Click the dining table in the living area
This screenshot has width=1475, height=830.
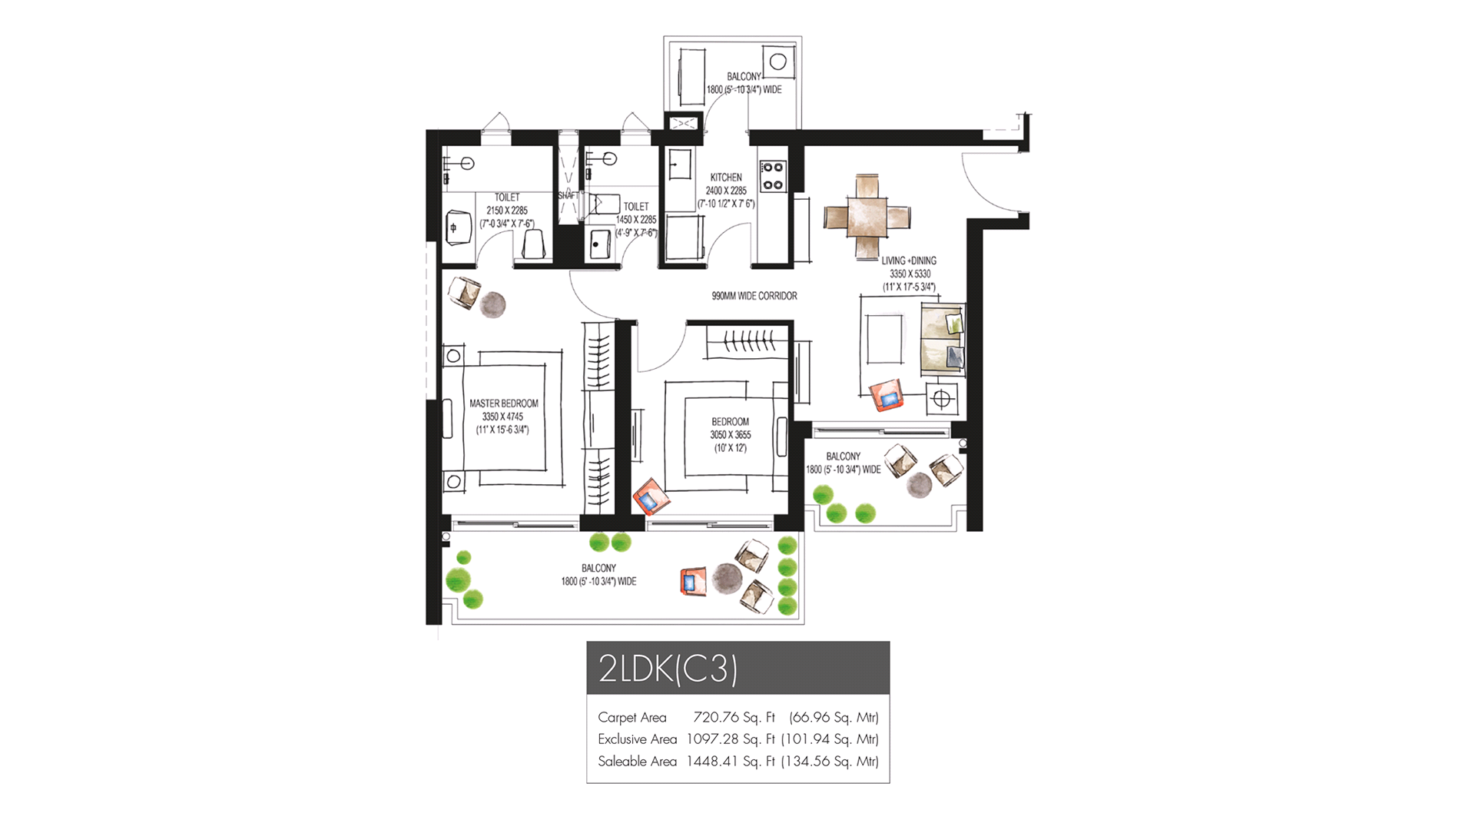pyautogui.click(x=867, y=217)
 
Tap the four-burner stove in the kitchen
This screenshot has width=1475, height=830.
pyautogui.click(x=772, y=176)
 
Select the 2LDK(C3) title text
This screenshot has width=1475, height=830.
pyautogui.click(x=668, y=669)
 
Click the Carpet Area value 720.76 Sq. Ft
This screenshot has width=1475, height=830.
pyautogui.click(x=734, y=717)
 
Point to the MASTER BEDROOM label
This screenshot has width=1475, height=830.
pyautogui.click(x=504, y=403)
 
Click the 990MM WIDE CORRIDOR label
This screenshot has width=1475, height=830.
pyautogui.click(x=754, y=296)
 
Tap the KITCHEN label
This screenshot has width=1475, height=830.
pyautogui.click(x=726, y=178)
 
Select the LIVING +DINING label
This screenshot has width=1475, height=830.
pyautogui.click(x=909, y=261)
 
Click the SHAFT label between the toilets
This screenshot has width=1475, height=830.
pyautogui.click(x=568, y=195)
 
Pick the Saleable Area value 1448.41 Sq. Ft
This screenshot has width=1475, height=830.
pyautogui.click(x=731, y=762)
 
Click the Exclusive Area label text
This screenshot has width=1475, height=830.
pyautogui.click(x=637, y=739)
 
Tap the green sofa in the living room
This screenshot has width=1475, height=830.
pyautogui.click(x=943, y=340)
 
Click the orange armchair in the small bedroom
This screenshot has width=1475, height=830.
pyautogui.click(x=651, y=497)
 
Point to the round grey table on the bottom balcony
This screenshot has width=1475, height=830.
pyautogui.click(x=726, y=578)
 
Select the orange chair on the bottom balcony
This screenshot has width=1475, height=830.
pyautogui.click(x=693, y=581)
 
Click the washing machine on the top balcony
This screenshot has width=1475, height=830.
pyautogui.click(x=778, y=61)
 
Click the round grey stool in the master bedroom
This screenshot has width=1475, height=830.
pyautogui.click(x=492, y=304)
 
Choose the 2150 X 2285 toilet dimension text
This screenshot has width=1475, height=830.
pyautogui.click(x=507, y=211)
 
